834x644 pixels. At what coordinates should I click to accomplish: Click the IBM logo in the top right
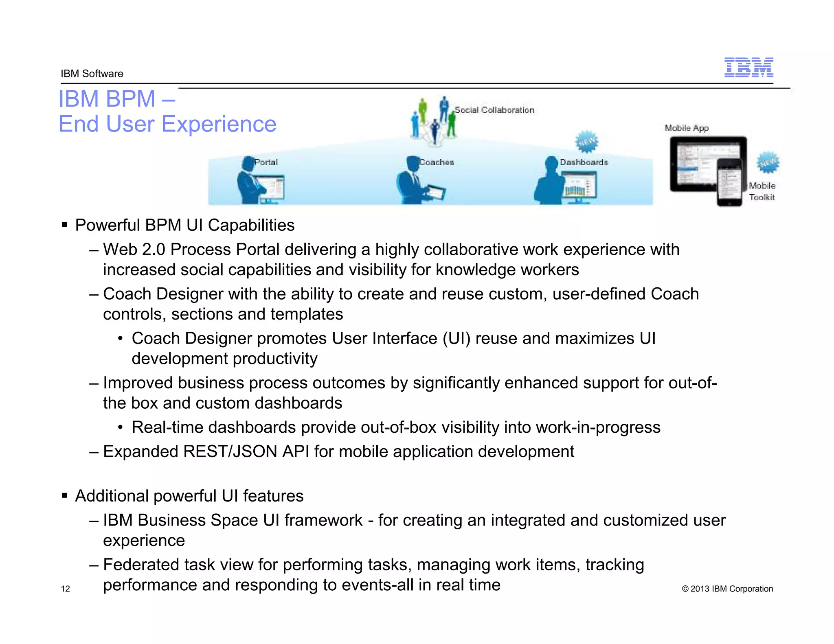tap(748, 68)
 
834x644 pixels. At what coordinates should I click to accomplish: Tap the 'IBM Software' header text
tap(92, 74)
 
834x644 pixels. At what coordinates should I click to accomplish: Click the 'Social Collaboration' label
tap(494, 110)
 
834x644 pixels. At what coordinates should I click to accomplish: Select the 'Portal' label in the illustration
tap(266, 162)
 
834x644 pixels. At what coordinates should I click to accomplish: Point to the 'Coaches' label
tap(437, 162)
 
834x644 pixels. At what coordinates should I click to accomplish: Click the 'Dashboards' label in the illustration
tap(584, 162)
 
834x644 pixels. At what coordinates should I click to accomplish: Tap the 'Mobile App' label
tap(687, 128)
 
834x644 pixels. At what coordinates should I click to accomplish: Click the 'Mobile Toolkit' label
tap(762, 191)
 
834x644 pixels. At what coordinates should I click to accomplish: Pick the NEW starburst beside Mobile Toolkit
tap(768, 163)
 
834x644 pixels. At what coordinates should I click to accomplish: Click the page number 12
tap(65, 589)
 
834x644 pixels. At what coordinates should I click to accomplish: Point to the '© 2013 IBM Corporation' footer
tap(727, 589)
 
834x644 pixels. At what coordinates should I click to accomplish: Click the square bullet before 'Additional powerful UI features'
tap(64, 496)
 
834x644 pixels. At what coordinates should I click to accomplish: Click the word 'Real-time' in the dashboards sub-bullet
tap(167, 427)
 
